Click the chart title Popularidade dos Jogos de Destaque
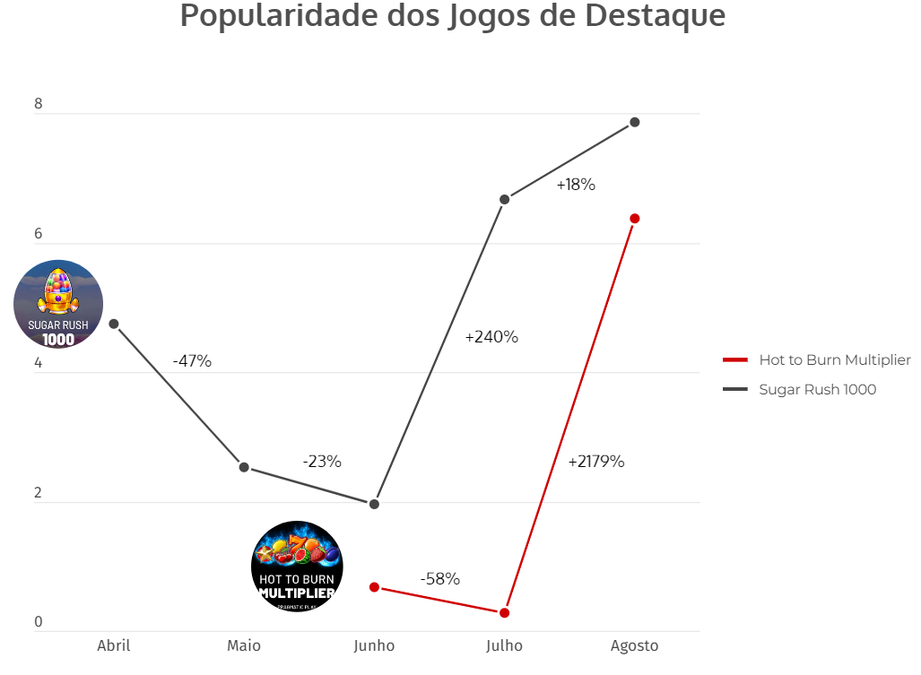pyautogui.click(x=453, y=16)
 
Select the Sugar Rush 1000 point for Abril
pyautogui.click(x=114, y=324)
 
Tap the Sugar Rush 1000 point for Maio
pyautogui.click(x=244, y=467)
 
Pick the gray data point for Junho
pyautogui.click(x=374, y=504)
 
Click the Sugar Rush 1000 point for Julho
pyautogui.click(x=504, y=199)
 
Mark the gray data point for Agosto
pyautogui.click(x=634, y=122)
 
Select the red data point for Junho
pyautogui.click(x=374, y=587)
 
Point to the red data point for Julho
pyautogui.click(x=504, y=612)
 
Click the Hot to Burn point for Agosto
pyautogui.click(x=634, y=219)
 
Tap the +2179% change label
pyautogui.click(x=596, y=463)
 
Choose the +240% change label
pyautogui.click(x=491, y=338)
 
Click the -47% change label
pyautogui.click(x=192, y=361)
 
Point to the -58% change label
pyautogui.click(x=440, y=579)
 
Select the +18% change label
pyautogui.click(x=576, y=186)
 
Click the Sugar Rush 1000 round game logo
pyautogui.click(x=58, y=305)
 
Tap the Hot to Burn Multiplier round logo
pyautogui.click(x=297, y=567)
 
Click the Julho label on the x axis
pyautogui.click(x=504, y=645)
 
